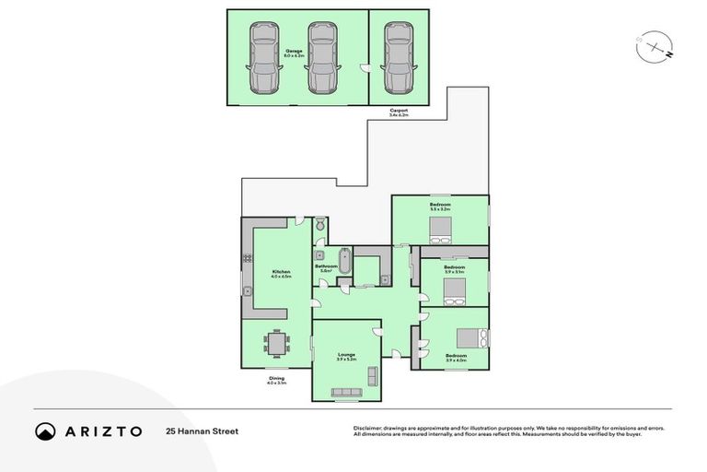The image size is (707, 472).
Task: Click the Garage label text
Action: (294, 53)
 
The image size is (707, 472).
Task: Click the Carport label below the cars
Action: (399, 112)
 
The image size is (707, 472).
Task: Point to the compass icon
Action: (653, 46)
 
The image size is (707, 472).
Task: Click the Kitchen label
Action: (282, 274)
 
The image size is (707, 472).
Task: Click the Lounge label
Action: (346, 356)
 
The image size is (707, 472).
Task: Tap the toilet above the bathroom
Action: (319, 224)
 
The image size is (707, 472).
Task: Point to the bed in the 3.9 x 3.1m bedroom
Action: (454, 290)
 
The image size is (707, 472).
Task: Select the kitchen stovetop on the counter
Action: (248, 256)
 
